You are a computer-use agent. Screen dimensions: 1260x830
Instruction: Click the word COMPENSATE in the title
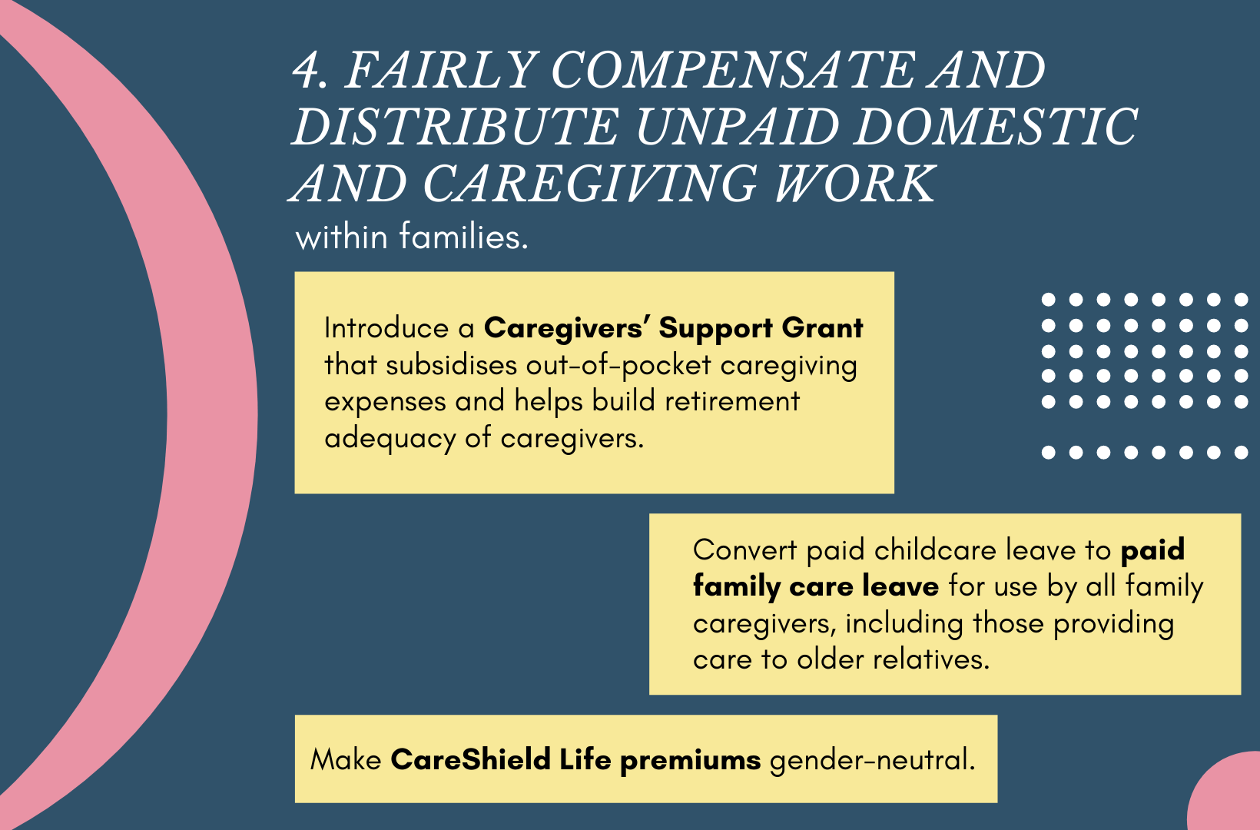733,70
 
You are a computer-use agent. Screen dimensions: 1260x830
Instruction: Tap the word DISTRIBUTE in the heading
455,127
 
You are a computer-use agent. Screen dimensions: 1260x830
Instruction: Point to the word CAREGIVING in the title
590,184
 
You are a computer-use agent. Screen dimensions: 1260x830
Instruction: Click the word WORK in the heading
855,184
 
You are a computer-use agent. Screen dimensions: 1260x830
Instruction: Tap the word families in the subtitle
464,237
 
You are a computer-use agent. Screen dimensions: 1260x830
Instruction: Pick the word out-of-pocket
618,366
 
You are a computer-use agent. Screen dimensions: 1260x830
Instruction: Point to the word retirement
732,402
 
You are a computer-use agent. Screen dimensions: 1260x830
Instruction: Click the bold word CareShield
471,759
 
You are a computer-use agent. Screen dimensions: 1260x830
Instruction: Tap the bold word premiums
691,761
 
